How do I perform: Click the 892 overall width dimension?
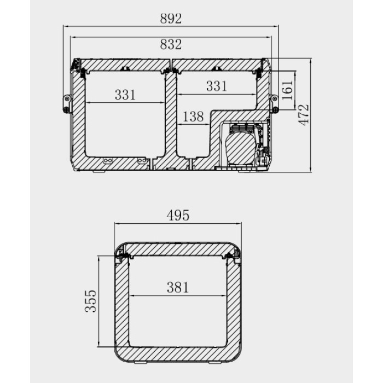(x=171, y=19)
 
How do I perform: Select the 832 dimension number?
(x=171, y=44)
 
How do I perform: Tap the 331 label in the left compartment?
(x=125, y=95)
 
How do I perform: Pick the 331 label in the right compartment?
(x=217, y=86)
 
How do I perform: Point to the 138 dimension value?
(x=193, y=117)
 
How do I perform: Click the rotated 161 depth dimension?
(x=287, y=90)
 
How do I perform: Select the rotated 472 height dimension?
(x=304, y=115)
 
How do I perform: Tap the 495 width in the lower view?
(x=178, y=216)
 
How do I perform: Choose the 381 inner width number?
(x=178, y=287)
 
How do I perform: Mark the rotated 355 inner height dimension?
(x=91, y=301)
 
